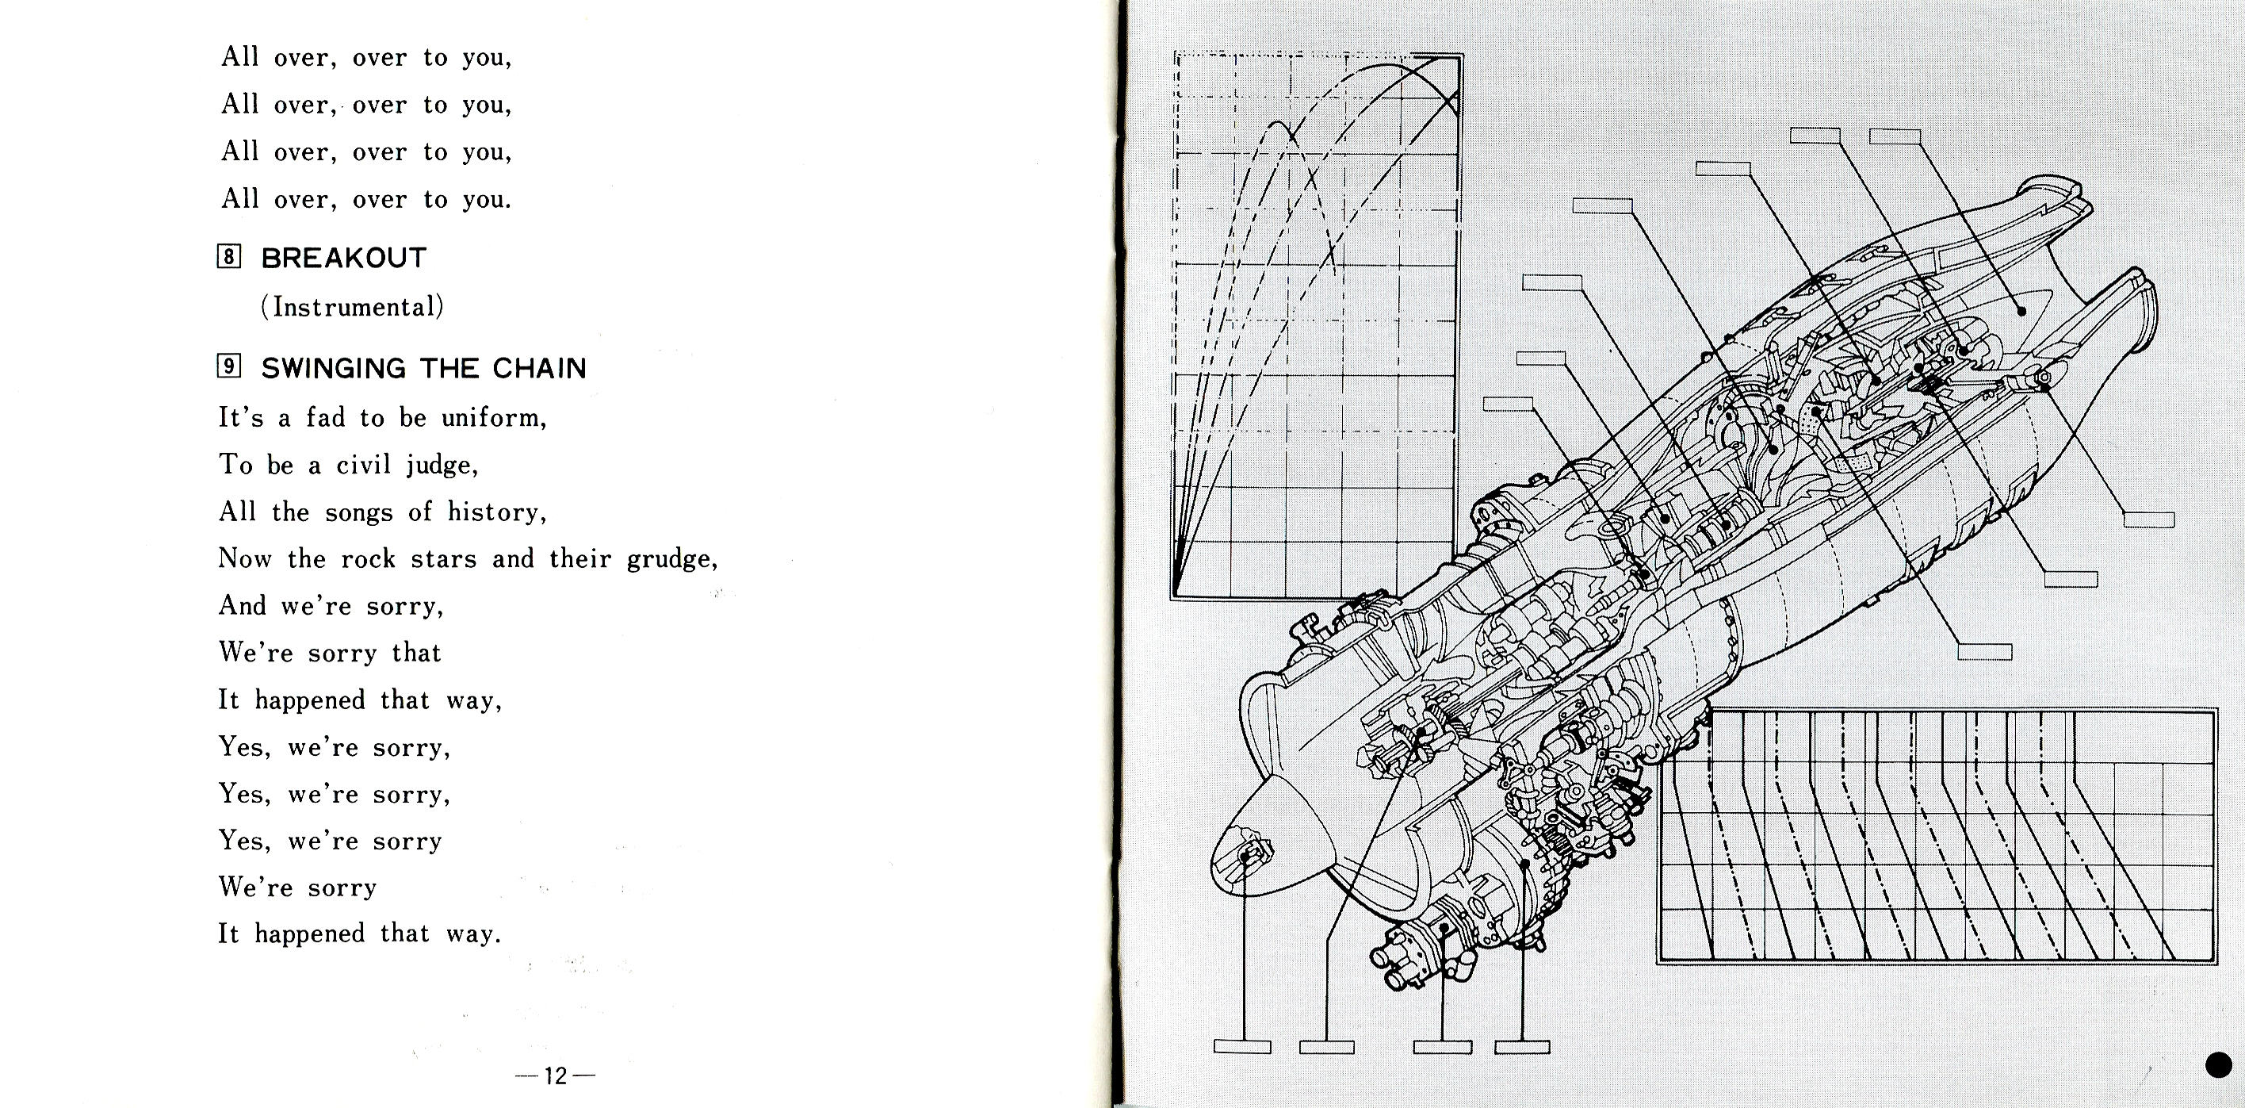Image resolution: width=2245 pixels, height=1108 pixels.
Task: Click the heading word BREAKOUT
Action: [x=343, y=258]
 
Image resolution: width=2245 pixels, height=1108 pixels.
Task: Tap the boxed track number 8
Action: [x=228, y=256]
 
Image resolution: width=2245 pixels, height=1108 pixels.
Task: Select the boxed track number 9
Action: [x=228, y=366]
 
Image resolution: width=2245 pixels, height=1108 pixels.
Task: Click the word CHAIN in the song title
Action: [x=540, y=368]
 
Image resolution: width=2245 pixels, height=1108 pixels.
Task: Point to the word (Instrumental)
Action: [x=352, y=307]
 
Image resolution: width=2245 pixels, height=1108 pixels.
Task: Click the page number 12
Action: [x=555, y=1075]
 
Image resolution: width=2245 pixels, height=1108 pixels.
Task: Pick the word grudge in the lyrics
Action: [x=672, y=559]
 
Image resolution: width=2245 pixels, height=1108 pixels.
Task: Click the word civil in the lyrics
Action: [x=363, y=465]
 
